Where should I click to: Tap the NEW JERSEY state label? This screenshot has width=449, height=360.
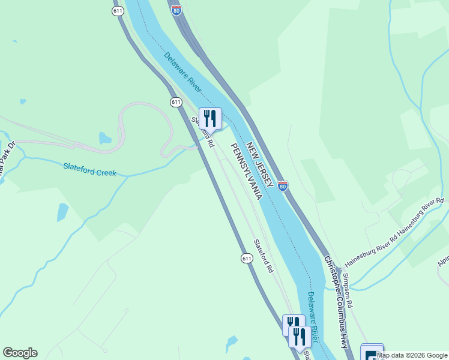tap(261, 156)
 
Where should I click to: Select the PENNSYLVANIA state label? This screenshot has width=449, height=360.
tap(247, 172)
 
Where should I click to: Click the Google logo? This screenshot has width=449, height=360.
tap(20, 353)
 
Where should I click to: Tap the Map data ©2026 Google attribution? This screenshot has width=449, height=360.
tap(412, 355)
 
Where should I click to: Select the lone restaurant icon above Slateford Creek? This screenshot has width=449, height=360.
tap(210, 118)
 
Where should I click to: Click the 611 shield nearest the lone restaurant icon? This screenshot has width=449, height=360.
tap(176, 102)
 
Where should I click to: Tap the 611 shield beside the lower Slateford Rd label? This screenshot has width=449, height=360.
tap(247, 258)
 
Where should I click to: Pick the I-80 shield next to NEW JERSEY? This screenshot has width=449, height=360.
tap(283, 186)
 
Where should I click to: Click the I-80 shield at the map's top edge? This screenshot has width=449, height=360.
tap(176, 10)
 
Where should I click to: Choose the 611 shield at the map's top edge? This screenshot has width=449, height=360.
tap(118, 10)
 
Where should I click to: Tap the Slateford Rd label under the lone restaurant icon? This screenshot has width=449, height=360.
tap(203, 132)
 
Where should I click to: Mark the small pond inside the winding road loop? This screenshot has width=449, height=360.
tap(106, 139)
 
